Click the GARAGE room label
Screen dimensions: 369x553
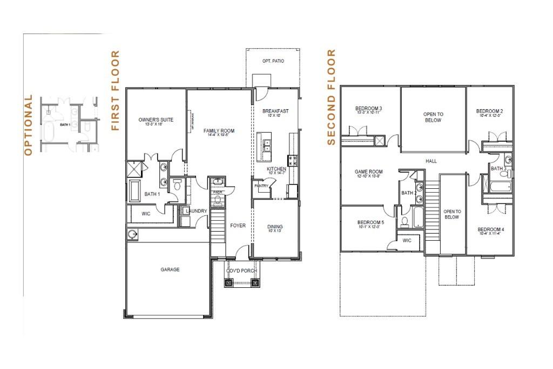pyautogui.click(x=170, y=269)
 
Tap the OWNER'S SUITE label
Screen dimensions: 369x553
pyautogui.click(x=156, y=120)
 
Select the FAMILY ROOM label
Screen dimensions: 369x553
pyautogui.click(x=219, y=131)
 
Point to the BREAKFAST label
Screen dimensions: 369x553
pyautogui.click(x=275, y=111)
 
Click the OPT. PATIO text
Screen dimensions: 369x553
pyautogui.click(x=273, y=61)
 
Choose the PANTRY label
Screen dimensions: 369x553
pyautogui.click(x=261, y=186)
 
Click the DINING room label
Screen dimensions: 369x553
pyautogui.click(x=275, y=227)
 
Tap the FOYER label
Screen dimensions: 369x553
pyautogui.click(x=238, y=226)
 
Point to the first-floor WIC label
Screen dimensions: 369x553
pyautogui.click(x=146, y=214)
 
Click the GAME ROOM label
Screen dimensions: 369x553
pyautogui.click(x=368, y=172)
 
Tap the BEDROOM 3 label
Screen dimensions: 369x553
pyautogui.click(x=369, y=107)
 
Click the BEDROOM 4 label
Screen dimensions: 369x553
pyautogui.click(x=491, y=230)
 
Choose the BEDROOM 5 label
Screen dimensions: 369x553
pyautogui.click(x=370, y=222)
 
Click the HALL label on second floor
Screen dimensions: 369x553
pyautogui.click(x=431, y=161)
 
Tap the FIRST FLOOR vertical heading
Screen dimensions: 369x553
pyautogui.click(x=115, y=91)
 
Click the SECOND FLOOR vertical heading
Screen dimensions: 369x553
pyautogui.click(x=332, y=97)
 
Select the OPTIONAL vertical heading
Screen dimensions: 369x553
pyautogui.click(x=29, y=125)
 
